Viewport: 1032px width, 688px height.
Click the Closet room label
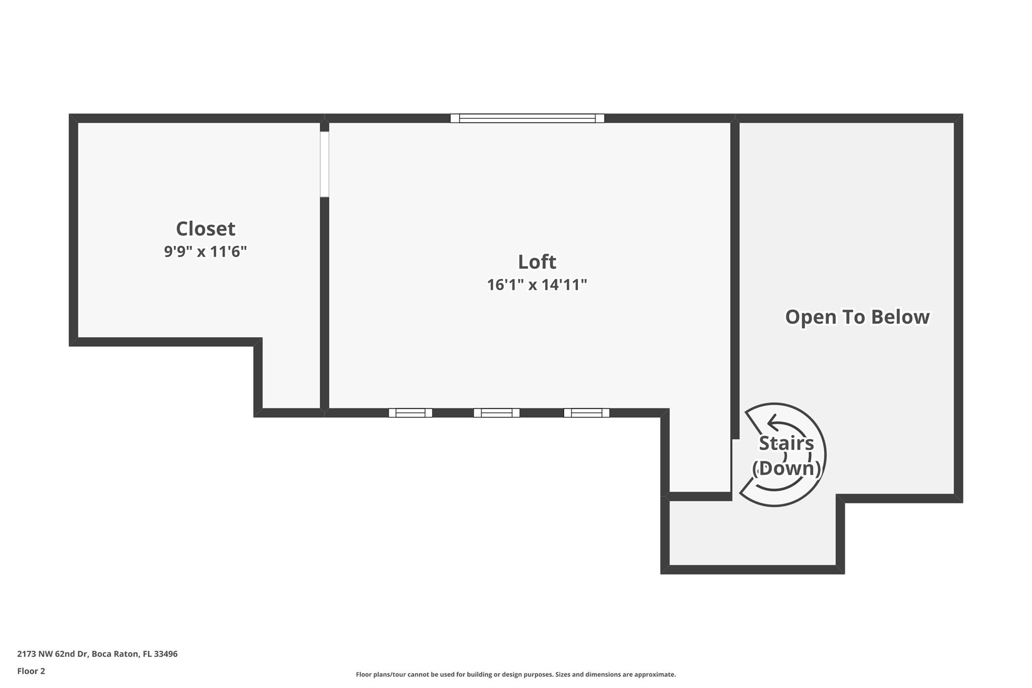205,229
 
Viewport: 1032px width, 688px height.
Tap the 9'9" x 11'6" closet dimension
205,251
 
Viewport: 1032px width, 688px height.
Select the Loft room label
537,262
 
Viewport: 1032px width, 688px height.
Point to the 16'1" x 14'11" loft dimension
537,285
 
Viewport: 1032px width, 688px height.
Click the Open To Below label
857,317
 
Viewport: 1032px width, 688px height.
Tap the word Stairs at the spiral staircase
786,443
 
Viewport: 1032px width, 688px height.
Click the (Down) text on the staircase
786,468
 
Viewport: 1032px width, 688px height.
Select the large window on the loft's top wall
527,118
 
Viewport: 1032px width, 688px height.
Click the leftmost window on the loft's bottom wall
410,413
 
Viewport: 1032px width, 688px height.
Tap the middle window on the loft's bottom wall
496,413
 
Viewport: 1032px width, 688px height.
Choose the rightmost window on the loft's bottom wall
586,413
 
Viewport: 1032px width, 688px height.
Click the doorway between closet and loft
325,164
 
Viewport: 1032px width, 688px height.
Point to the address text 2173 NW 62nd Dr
53,654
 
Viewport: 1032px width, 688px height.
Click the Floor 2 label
31,671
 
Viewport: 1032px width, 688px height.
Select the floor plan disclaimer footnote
515,674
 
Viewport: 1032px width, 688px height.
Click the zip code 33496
166,654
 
